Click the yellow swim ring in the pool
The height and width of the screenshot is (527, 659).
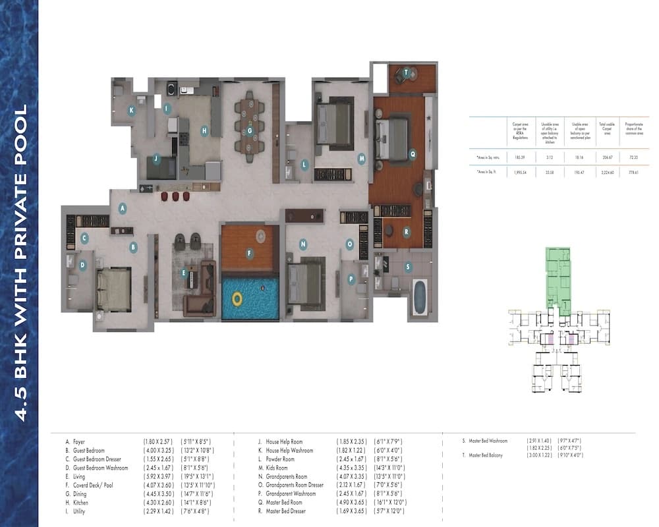point(237,298)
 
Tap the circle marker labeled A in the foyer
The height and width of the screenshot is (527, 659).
point(122,208)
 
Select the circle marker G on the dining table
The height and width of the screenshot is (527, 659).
point(250,130)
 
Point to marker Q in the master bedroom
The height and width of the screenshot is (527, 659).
point(413,154)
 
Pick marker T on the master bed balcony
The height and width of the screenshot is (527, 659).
point(407,72)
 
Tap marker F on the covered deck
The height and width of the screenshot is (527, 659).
point(249,252)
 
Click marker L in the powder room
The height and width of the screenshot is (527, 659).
point(304,165)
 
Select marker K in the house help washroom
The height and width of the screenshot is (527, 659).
point(132,110)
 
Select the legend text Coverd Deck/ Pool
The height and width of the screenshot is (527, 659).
point(99,485)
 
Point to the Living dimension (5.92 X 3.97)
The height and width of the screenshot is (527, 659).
point(159,476)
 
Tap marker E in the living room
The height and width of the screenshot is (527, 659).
point(183,272)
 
